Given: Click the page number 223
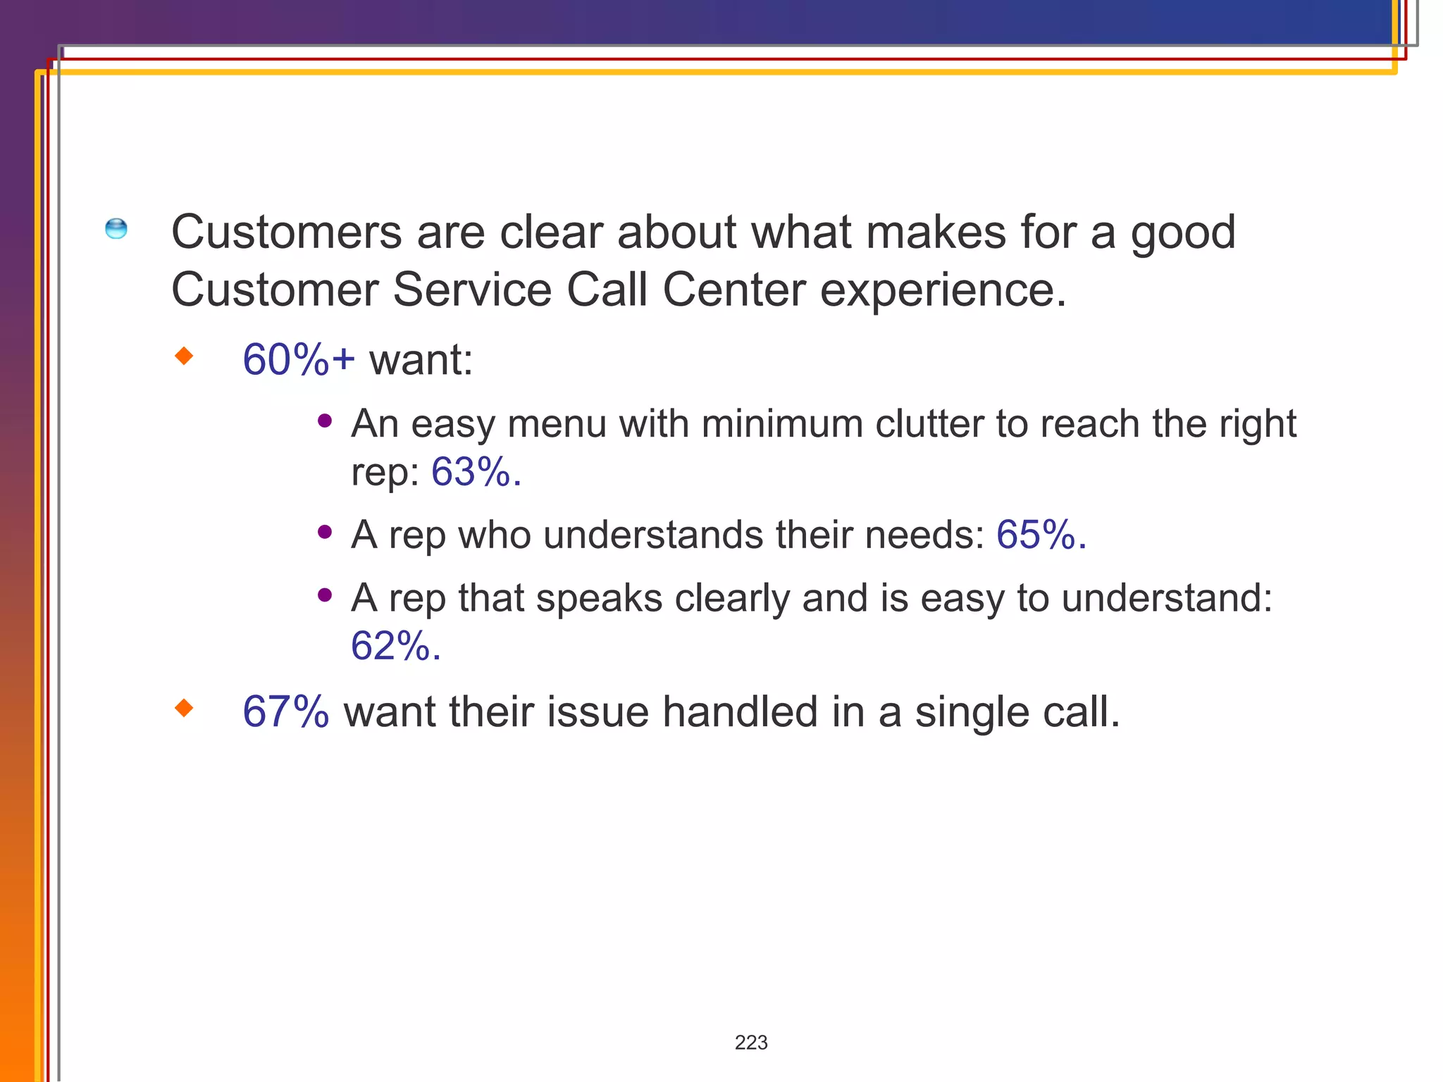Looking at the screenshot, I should point(751,1043).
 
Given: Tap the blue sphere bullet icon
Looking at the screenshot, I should point(116,229).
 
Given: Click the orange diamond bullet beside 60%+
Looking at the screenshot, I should point(184,356).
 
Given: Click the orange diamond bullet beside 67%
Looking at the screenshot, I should point(184,708).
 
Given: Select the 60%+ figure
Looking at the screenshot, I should point(299,360).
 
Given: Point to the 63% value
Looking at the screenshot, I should point(476,472).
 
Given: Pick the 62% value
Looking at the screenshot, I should point(395,646).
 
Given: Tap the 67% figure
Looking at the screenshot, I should point(285,711).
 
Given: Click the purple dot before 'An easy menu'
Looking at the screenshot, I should point(325,421).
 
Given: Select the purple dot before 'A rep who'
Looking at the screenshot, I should point(325,533).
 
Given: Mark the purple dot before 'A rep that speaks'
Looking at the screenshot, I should point(325,595).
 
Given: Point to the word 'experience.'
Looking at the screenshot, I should point(943,290).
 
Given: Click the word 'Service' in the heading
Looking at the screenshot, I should point(471,290).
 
